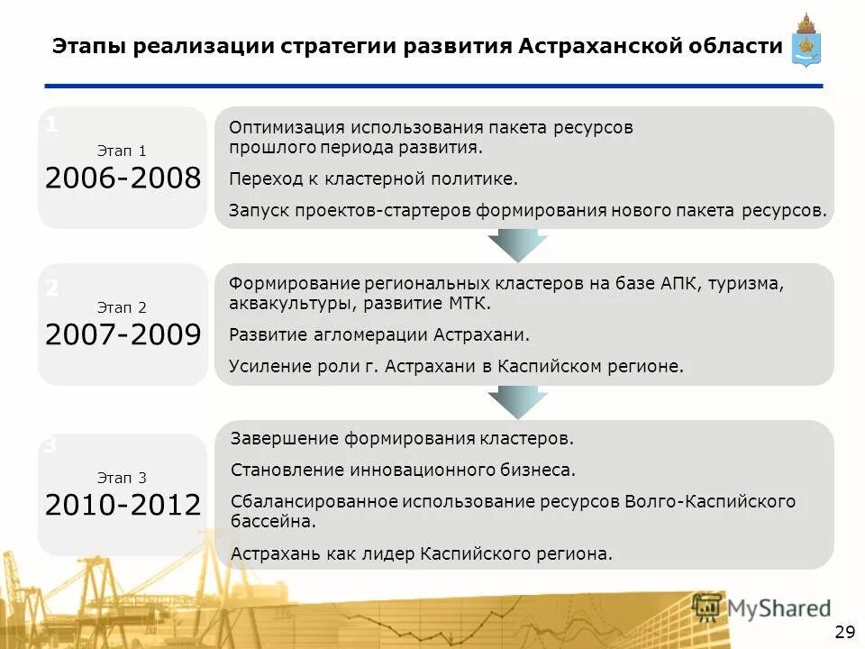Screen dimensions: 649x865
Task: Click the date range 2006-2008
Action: coord(123,178)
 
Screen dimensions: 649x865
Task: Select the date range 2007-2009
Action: coord(123,335)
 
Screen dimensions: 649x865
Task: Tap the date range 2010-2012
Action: coord(123,505)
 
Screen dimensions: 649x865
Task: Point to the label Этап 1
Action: coord(122,151)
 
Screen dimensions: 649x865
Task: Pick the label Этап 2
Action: coord(122,307)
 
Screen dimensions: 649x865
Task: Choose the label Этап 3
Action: coord(122,478)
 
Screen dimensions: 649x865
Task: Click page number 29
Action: coord(845,630)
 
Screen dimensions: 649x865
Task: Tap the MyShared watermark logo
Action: coord(761,608)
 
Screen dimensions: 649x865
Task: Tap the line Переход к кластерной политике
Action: coord(374,178)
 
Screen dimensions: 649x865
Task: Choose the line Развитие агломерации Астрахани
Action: coord(380,335)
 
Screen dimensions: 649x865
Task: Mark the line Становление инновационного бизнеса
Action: coord(403,470)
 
